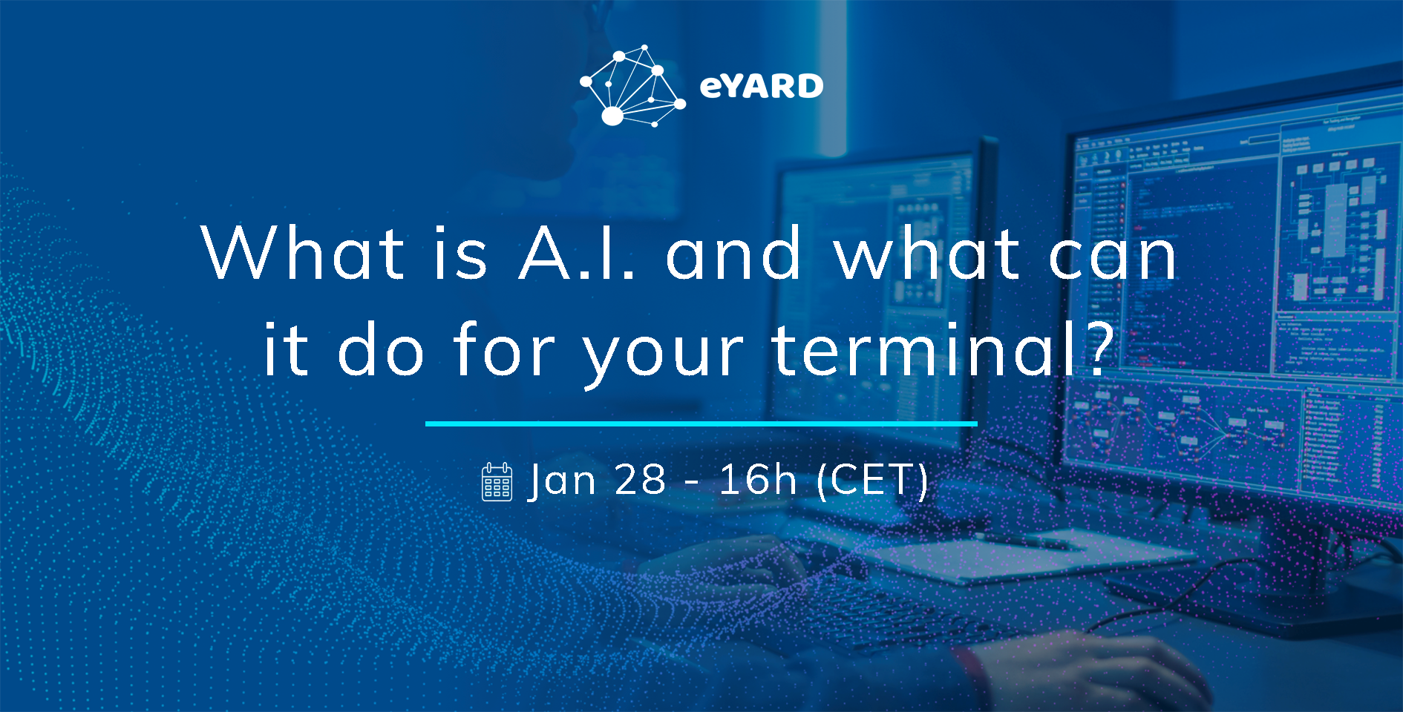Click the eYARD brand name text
[x=762, y=86]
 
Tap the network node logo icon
[x=632, y=85]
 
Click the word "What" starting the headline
[x=303, y=253]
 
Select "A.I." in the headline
[x=578, y=253]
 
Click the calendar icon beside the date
[x=497, y=481]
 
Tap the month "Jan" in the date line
[x=562, y=480]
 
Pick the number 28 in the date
[x=641, y=480]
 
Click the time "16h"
[x=757, y=480]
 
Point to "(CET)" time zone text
[x=872, y=481]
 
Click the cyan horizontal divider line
[x=701, y=423]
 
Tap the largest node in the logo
[x=612, y=116]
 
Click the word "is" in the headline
[x=461, y=253]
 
